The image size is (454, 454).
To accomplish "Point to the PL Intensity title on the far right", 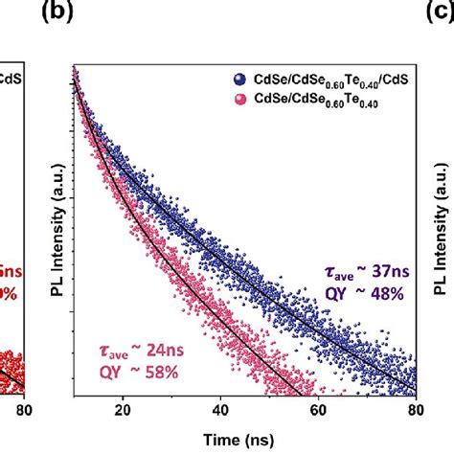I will point(443,230).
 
